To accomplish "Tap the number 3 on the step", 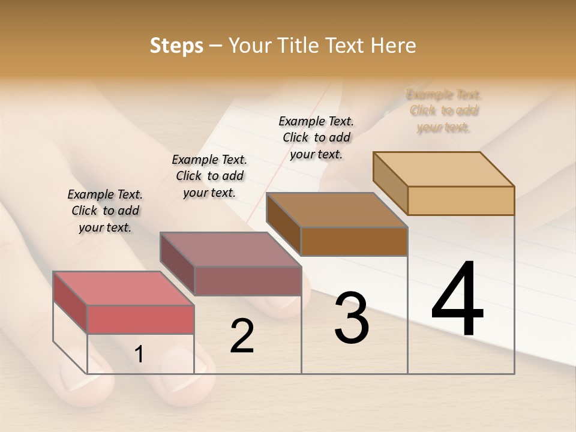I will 352,318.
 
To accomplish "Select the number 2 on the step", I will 242,336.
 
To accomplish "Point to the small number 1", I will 139,355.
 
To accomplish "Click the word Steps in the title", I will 176,46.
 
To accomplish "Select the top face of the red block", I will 123,289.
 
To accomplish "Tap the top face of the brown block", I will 337,210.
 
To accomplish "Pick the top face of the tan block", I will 443,169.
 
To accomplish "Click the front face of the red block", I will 140,319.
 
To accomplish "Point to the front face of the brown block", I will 354,242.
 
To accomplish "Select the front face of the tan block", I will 461,200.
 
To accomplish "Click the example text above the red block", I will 105,211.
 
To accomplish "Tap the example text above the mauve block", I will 209,176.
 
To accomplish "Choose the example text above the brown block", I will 316,137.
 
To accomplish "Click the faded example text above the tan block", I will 444,111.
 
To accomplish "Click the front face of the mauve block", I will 248,281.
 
